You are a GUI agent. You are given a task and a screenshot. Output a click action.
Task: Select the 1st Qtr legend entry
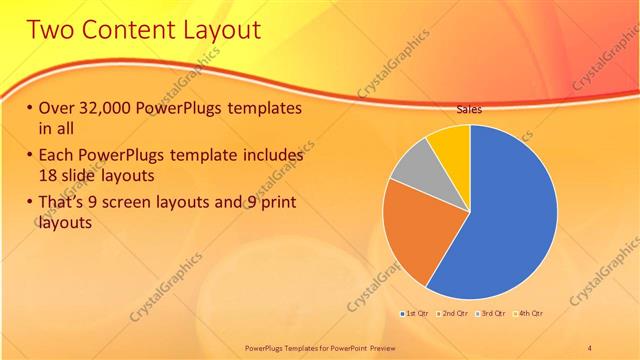point(415,313)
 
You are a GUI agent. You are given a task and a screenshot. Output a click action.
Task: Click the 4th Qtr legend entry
point(531,313)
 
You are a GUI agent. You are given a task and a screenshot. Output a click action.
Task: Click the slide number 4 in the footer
point(590,346)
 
